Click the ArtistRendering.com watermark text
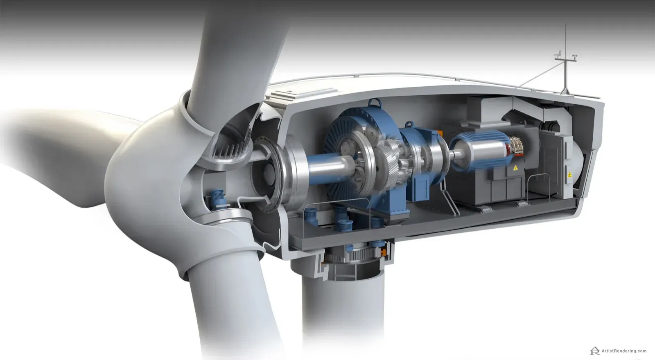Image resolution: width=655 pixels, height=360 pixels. [624, 351]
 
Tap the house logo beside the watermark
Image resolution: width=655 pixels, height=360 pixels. [595, 351]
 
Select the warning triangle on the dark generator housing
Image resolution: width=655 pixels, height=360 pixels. [515, 168]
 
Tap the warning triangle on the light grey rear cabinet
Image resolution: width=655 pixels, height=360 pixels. [569, 174]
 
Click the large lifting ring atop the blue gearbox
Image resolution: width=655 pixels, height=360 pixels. [375, 102]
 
